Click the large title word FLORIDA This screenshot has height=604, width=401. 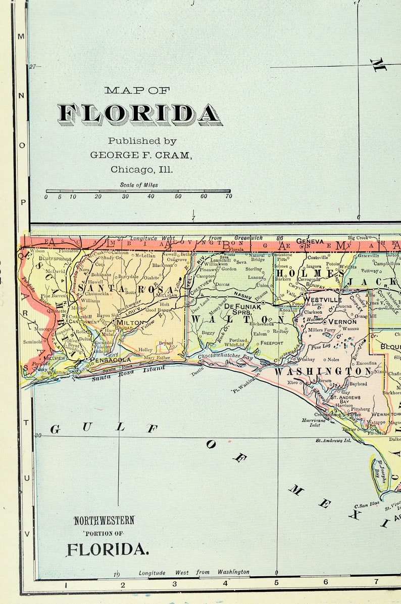[x=139, y=115]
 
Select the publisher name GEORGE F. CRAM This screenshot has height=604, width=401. [x=141, y=155]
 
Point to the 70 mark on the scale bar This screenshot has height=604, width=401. [x=229, y=196]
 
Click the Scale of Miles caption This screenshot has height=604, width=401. [x=139, y=185]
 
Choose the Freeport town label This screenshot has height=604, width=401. [x=272, y=342]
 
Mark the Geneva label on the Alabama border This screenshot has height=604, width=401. [x=310, y=241]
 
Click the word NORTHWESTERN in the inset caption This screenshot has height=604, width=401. [x=105, y=520]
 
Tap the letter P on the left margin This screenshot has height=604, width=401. [x=22, y=201]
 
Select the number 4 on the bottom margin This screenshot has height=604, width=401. [x=225, y=583]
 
